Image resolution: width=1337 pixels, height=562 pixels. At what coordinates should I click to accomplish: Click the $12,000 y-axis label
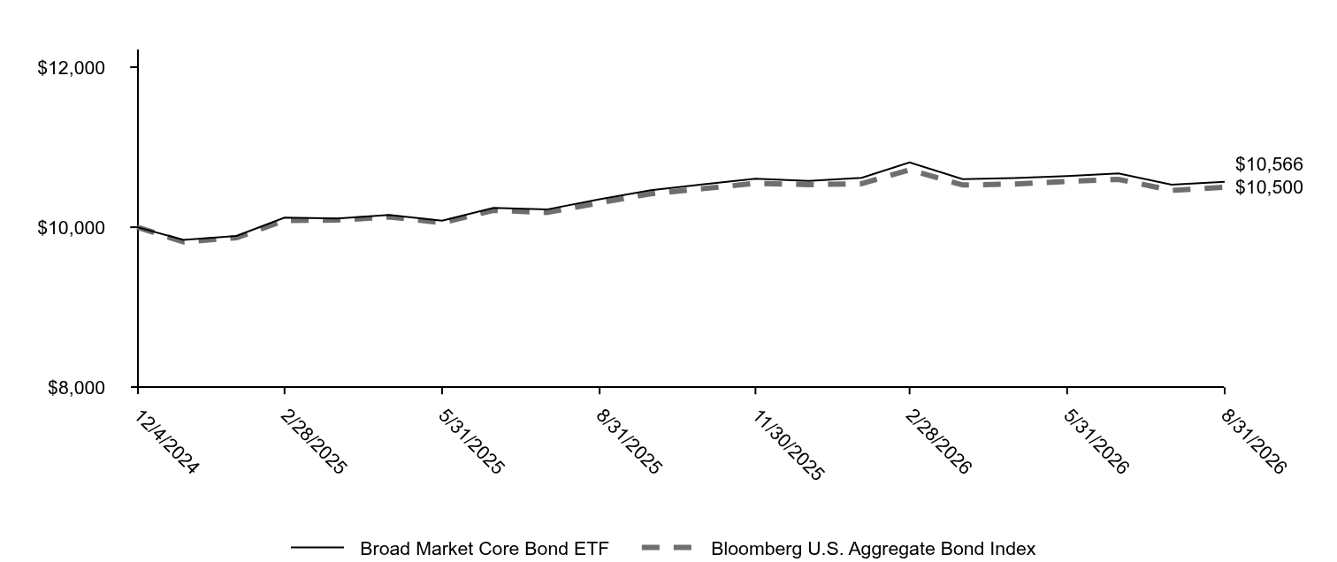click(x=71, y=68)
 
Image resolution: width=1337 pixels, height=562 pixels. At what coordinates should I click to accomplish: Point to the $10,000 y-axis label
click(x=71, y=228)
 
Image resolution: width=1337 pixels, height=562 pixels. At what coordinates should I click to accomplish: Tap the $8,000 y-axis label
click(x=76, y=388)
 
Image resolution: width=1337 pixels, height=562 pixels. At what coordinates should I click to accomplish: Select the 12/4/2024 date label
click(x=165, y=442)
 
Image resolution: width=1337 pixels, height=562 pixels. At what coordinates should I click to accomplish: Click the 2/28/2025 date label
click(x=312, y=442)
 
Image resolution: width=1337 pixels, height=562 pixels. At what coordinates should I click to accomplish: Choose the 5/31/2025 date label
click(x=470, y=442)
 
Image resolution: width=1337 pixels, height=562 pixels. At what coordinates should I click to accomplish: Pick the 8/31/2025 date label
click(x=628, y=442)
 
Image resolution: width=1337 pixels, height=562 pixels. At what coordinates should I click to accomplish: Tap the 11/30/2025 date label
click(x=787, y=445)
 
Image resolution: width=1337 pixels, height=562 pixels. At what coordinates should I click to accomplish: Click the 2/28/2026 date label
click(x=937, y=442)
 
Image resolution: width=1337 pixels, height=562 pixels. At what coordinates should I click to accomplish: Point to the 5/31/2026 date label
click(x=1096, y=442)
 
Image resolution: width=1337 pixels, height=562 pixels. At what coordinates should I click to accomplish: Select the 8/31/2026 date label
click(x=1253, y=442)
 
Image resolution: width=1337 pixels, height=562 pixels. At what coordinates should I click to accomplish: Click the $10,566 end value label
click(x=1269, y=164)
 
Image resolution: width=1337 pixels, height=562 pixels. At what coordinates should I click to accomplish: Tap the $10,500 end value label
click(x=1269, y=187)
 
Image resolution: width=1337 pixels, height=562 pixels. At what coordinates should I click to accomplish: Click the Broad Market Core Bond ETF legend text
click(x=484, y=548)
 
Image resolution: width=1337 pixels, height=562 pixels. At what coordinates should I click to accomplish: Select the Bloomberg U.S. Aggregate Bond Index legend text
click(x=874, y=548)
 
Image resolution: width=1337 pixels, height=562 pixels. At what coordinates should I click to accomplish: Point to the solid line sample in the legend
click(x=317, y=548)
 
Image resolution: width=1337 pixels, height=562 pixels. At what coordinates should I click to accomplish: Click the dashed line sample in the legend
click(x=667, y=548)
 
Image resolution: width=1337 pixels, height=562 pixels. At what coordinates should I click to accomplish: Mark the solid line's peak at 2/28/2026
click(x=909, y=163)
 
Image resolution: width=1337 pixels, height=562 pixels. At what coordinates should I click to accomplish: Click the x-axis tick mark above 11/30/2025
click(x=756, y=391)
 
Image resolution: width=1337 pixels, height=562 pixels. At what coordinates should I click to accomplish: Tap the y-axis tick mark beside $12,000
click(x=134, y=68)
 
